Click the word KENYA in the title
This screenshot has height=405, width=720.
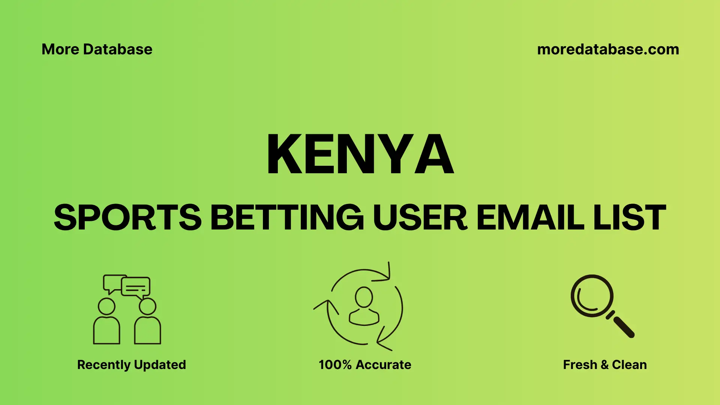360,154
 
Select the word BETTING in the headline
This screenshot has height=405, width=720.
287,217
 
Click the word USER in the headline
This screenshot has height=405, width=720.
420,217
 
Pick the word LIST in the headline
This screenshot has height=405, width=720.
630,217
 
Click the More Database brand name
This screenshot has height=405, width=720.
97,49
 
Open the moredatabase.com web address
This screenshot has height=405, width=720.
608,49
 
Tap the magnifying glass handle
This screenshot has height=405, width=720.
623,327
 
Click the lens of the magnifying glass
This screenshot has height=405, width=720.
592,296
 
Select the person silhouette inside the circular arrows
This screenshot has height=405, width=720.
364,306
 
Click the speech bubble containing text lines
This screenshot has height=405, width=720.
136,287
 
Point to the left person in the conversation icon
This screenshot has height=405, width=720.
106,322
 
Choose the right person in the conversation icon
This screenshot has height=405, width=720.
147,322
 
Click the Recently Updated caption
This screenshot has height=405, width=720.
131,364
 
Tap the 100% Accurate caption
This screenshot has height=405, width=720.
364,364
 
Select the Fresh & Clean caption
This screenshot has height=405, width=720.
604,364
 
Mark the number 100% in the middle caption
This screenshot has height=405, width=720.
335,364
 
